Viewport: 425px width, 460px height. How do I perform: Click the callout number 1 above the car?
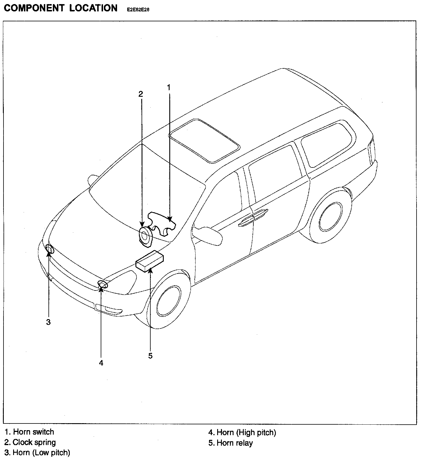click(169, 87)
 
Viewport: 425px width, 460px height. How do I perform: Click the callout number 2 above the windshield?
click(141, 94)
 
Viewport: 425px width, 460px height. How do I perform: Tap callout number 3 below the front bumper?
click(48, 322)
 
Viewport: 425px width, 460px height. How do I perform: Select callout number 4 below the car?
click(101, 363)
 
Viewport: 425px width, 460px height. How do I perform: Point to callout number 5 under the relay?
click(150, 356)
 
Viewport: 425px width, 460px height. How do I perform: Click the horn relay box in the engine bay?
click(150, 261)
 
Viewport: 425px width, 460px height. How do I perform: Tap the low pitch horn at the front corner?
click(50, 250)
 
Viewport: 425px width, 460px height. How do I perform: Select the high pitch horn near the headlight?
click(102, 284)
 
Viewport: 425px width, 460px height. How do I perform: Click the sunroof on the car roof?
click(204, 140)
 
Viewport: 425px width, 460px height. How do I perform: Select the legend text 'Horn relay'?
click(234, 443)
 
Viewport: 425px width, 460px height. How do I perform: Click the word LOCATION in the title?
click(93, 8)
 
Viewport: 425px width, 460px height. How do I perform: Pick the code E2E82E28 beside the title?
click(138, 10)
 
